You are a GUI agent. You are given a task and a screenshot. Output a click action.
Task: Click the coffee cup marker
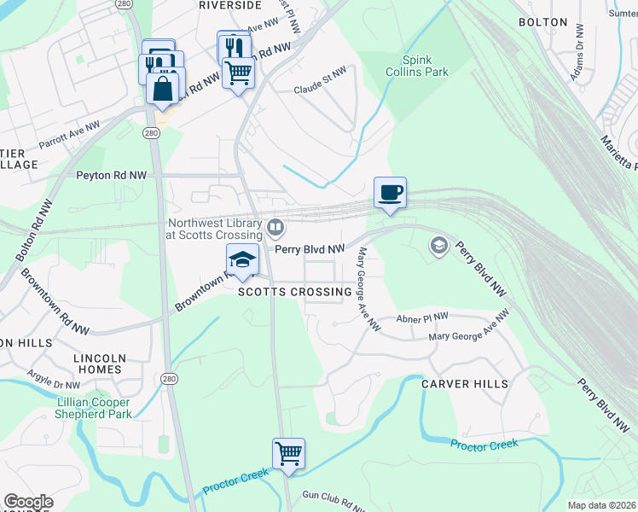[390, 192]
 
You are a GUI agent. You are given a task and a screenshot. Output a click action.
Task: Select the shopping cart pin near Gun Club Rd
[288, 454]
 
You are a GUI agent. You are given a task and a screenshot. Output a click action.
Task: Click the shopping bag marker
[162, 87]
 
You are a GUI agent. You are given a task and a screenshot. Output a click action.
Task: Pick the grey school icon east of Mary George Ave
[438, 247]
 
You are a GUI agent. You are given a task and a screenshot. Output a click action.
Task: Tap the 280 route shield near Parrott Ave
[150, 134]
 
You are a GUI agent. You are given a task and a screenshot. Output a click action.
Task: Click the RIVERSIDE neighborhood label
[229, 5]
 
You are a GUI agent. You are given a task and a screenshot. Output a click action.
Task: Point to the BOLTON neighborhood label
[542, 21]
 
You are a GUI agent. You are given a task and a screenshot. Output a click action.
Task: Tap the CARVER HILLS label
[465, 384]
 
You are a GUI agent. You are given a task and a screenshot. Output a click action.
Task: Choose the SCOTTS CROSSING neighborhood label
[294, 292]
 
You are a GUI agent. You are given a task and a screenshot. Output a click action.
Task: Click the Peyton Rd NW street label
[112, 175]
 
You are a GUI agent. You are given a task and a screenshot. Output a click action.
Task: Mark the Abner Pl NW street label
[421, 318]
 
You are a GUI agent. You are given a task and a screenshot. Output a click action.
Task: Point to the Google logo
[28, 502]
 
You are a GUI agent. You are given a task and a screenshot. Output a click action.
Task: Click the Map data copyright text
[601, 505]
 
